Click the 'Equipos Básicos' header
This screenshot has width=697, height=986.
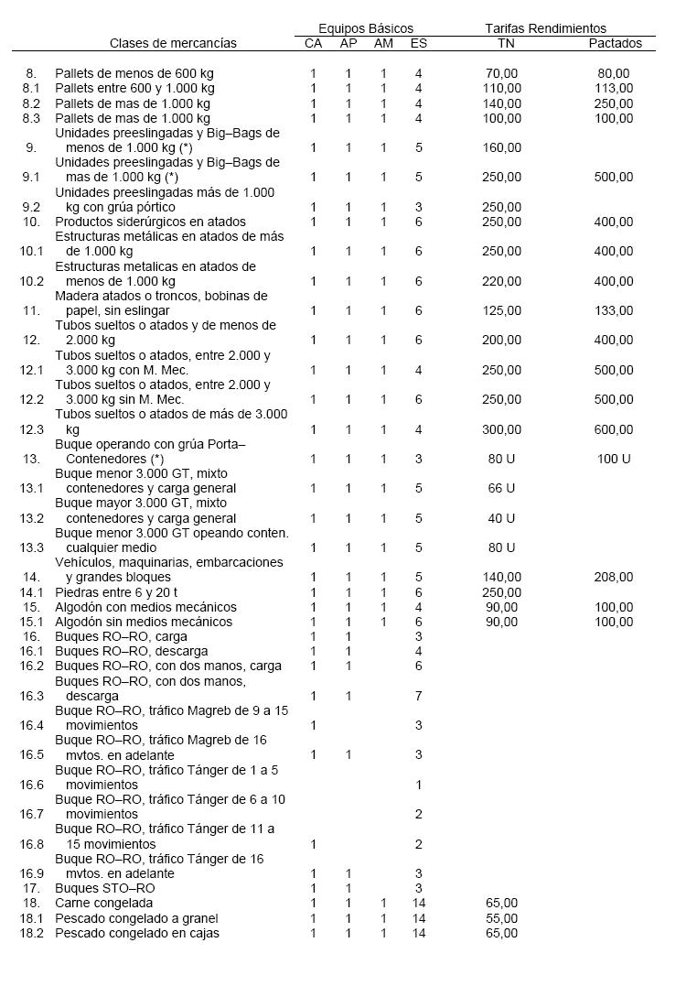coord(366,28)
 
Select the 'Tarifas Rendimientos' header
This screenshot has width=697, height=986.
coord(545,28)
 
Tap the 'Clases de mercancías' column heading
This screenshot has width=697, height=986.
coord(173,43)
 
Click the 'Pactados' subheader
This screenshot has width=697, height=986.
coord(615,43)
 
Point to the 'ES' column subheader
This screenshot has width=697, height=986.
coord(418,43)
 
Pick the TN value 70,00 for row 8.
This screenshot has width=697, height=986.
coord(503,73)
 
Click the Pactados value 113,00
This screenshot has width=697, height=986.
coord(614,88)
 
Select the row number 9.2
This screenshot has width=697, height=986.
coord(32,207)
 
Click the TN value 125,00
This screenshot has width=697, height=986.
coord(503,310)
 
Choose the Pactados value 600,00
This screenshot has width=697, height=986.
coord(614,429)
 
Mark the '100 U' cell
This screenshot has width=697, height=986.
coord(614,459)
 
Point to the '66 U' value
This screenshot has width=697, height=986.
coord(501,488)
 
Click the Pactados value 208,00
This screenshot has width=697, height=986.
coord(614,577)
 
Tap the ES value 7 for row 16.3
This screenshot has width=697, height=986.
coord(418,696)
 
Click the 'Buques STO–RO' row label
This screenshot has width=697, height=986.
coord(104,888)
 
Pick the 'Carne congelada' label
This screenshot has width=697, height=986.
coord(103,903)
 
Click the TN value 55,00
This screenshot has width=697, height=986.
coord(503,918)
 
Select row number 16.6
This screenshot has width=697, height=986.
coord(32,785)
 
